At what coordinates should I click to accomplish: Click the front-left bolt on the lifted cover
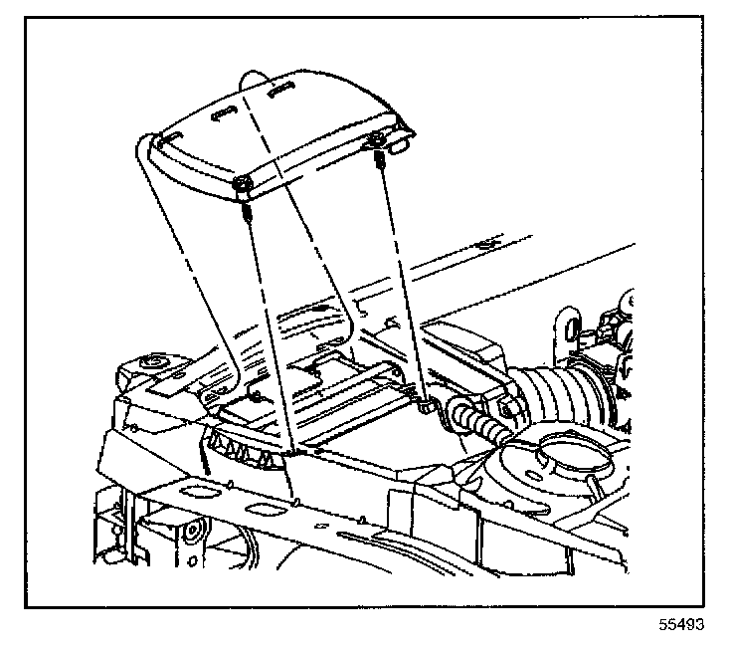[x=243, y=186]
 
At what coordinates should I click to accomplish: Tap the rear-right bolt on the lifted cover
[x=376, y=138]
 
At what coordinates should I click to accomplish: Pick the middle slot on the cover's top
[x=225, y=111]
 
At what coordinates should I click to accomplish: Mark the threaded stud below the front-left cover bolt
[x=244, y=210]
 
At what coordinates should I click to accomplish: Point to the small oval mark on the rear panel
[x=484, y=243]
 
